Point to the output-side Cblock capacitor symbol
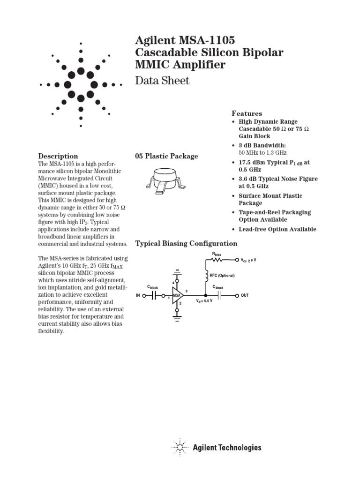(219, 296)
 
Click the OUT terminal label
(245, 296)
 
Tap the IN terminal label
(138, 296)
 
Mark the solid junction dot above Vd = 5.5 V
(205, 296)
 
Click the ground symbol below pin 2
(177, 317)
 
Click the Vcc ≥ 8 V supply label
(248, 259)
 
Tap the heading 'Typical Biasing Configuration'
(186, 243)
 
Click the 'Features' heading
(247, 113)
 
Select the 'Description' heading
(58, 156)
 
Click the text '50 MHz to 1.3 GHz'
(262, 153)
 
